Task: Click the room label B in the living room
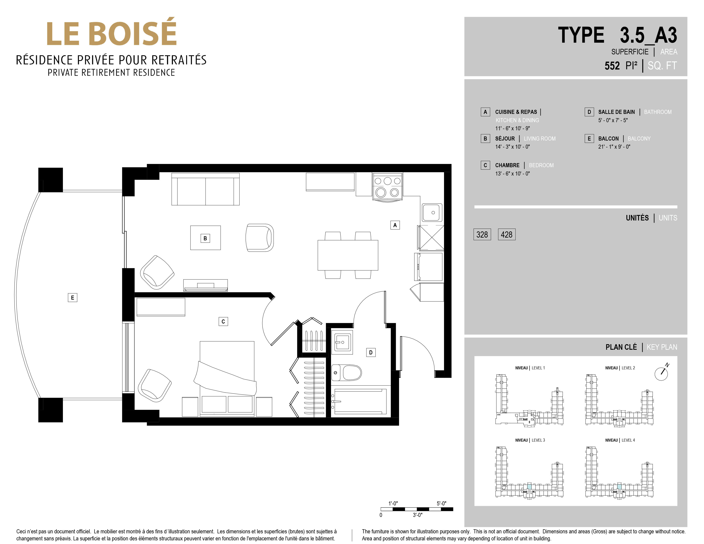coord(205,238)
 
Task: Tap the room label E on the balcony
coord(73,298)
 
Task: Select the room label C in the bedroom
coord(223,322)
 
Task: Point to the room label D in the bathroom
coord(371,353)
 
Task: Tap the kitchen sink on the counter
coord(432,213)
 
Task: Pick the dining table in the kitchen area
coord(348,255)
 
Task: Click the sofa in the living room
coord(205,189)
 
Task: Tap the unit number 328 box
coord(482,235)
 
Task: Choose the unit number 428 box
coord(507,235)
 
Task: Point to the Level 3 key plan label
coord(530,440)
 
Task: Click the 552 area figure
coord(612,66)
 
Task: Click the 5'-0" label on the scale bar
coord(441,503)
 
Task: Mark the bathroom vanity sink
coord(342,342)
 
